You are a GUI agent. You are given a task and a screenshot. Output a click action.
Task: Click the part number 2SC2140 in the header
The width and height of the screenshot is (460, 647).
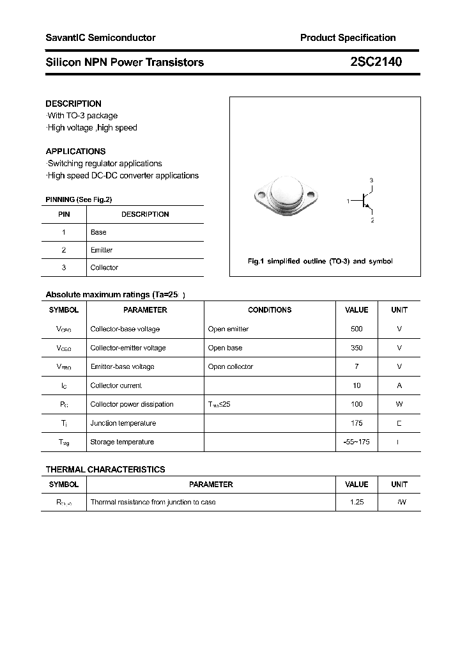pos(376,62)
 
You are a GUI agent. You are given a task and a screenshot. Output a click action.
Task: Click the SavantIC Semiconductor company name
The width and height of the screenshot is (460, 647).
pos(100,38)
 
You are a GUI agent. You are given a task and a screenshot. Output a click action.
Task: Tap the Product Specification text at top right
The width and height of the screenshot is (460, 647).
pos(348,38)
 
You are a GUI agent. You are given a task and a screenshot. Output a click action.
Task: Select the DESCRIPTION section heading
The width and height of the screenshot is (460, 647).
pos(73,104)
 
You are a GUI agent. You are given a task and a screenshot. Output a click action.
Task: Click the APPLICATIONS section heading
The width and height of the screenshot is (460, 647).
pos(75,152)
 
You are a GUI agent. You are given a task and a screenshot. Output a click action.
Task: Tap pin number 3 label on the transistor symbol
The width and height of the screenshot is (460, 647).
pos(371,180)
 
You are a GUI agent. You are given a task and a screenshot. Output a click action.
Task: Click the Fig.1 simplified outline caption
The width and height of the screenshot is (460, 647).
pos(320,261)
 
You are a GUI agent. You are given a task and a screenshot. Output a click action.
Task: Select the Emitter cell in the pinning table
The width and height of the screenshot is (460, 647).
pos(102,250)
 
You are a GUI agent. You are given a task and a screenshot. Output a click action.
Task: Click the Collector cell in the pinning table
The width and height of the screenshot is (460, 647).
pos(104,267)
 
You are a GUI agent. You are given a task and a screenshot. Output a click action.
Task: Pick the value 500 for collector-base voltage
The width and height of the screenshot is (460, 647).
pos(356,329)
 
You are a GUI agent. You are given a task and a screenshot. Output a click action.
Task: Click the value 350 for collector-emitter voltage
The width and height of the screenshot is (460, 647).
pos(356,348)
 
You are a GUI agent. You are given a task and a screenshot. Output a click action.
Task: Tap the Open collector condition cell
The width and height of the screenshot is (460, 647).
pos(231,366)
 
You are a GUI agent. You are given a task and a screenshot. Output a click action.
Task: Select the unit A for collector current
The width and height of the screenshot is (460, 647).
pos(399,386)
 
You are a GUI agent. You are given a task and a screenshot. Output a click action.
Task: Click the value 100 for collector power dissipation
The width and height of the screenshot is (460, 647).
pos(356,404)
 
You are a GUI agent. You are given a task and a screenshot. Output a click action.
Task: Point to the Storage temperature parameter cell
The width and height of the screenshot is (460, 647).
pos(122,442)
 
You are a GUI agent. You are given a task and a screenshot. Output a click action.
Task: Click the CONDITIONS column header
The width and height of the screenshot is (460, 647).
pos(270,309)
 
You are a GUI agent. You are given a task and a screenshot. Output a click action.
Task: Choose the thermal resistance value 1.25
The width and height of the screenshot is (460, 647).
pos(356,502)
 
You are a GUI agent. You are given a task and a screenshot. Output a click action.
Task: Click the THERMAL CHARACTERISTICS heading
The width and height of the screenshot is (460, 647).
pos(105,469)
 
